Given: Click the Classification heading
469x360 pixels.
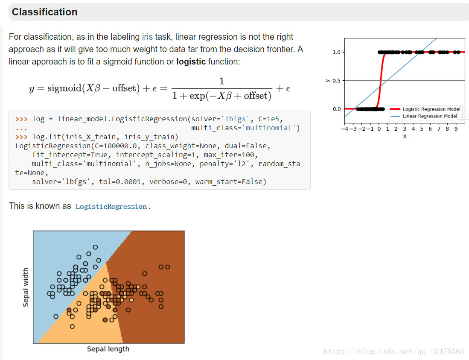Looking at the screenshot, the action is coord(44,12).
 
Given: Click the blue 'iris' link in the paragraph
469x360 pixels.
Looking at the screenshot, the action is coord(147,37).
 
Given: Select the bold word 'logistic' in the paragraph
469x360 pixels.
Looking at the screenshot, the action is coord(191,61).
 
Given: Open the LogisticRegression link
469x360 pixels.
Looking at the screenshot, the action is coord(111,207).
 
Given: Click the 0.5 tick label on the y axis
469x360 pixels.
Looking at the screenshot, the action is coord(337,81).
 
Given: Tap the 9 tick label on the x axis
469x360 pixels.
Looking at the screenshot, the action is coord(456,129).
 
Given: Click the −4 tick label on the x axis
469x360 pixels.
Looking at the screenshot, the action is coord(345,129).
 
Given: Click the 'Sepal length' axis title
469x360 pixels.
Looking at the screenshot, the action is coord(108,349).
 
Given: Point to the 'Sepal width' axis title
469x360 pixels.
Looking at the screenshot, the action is coord(26,287).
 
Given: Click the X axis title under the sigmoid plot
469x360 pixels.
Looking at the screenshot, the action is coord(405,137).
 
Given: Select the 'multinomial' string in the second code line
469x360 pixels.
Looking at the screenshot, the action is coord(268,128).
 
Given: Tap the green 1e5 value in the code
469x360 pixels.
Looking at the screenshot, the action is coord(273,119).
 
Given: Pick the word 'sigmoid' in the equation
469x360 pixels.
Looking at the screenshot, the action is coord(64,88).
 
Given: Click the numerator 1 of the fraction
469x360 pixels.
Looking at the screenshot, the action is coord(221,81).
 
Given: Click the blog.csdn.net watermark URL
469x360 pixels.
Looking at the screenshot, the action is coord(393,351).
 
